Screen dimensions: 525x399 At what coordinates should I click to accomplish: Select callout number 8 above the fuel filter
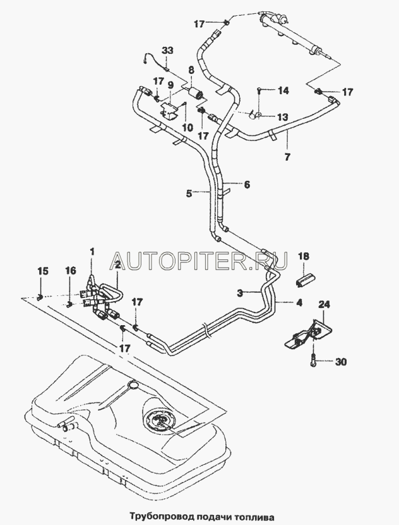click(x=192, y=70)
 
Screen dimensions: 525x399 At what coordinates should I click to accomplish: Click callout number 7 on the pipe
click(x=289, y=155)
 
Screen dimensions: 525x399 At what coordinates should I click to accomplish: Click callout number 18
click(x=304, y=256)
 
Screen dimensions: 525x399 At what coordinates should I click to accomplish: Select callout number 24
click(x=324, y=305)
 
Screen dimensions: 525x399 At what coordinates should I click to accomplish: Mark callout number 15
click(x=42, y=271)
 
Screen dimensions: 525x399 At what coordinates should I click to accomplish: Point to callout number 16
click(x=69, y=271)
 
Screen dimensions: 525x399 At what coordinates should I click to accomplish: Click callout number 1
click(x=92, y=252)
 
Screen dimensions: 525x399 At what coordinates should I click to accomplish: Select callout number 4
click(x=299, y=303)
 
